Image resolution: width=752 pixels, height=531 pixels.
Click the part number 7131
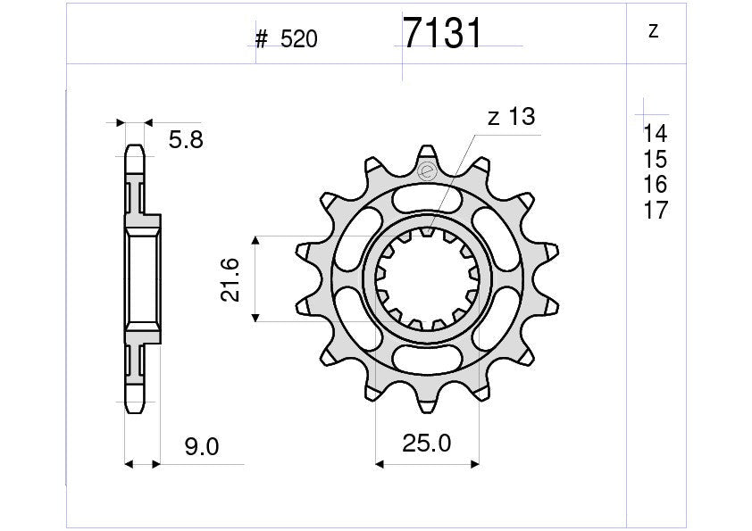[442, 34]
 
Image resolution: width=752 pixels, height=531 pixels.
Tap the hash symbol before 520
[262, 39]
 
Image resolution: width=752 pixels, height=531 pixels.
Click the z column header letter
[653, 32]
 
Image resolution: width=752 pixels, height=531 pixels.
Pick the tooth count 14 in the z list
[655, 135]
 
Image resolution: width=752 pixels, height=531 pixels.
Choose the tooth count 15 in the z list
[655, 160]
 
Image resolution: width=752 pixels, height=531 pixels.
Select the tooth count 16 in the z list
[655, 185]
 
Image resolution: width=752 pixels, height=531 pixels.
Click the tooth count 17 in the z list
[655, 211]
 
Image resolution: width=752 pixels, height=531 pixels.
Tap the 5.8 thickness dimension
[186, 139]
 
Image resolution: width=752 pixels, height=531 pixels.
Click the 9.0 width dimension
[201, 447]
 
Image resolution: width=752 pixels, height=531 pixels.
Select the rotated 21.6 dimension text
[230, 279]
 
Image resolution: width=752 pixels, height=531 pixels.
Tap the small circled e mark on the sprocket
[427, 170]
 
